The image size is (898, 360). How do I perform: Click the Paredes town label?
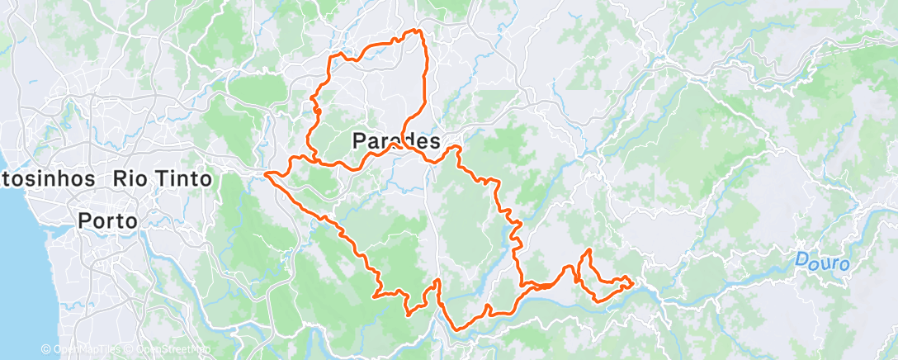point(396,141)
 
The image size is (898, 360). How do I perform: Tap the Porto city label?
point(107,220)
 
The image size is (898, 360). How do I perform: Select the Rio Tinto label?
point(162,178)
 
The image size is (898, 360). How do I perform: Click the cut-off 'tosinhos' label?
point(50,178)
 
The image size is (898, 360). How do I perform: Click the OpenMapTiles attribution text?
point(80,350)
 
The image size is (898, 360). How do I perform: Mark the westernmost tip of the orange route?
point(266,173)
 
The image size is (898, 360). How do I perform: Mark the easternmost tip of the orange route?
point(632,283)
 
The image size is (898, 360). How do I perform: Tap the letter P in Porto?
point(84,220)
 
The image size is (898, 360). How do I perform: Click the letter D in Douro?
point(802,261)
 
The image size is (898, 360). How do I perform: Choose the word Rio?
point(129,178)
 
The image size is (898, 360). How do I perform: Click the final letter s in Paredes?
point(434,141)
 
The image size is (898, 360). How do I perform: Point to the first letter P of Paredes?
point(359,141)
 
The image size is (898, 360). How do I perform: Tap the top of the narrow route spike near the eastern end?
point(588,249)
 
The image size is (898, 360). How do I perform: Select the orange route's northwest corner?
point(332,56)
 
